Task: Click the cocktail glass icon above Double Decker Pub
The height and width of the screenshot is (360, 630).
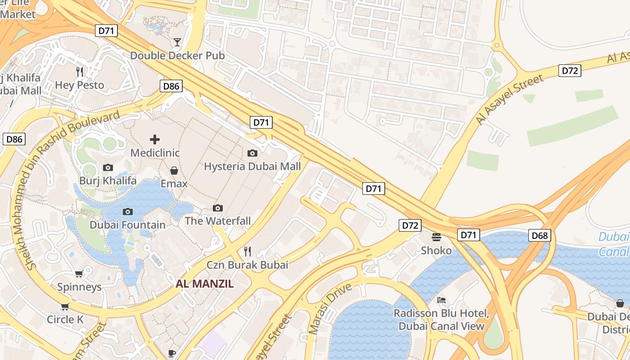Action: pos(177,42)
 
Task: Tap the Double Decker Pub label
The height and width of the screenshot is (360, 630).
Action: pos(177,56)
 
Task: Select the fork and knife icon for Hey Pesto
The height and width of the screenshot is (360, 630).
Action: pos(80,72)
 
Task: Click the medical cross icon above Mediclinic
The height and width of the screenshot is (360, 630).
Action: pos(155,139)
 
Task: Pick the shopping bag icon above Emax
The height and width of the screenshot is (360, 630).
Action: pos(174,171)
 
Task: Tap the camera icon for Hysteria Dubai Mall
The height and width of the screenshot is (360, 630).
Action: pos(252,153)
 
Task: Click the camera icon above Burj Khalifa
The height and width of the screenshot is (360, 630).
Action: pos(108,168)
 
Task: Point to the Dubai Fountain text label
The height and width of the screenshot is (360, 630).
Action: pos(127,225)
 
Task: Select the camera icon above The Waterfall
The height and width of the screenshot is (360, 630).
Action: pos(218,208)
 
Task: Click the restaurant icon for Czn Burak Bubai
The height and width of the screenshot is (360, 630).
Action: pos(247,251)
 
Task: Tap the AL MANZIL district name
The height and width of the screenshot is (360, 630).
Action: pos(205,283)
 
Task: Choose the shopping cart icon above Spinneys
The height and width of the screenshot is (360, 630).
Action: pos(79,274)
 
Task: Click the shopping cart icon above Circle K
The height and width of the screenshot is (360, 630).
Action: pos(65,306)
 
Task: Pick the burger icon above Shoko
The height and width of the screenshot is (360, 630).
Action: pos(436,237)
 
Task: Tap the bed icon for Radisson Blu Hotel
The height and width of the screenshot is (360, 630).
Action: pos(441,300)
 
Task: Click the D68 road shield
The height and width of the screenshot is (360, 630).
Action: pos(540,235)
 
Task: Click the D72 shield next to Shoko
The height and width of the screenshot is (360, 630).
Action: pos(409,225)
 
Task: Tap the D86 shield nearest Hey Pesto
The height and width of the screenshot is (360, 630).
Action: pos(171,86)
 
